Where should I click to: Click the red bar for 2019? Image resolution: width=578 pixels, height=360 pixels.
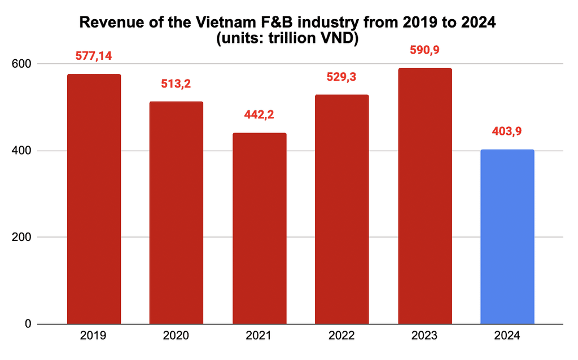[94, 199]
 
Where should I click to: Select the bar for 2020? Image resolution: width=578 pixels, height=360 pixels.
[176, 213]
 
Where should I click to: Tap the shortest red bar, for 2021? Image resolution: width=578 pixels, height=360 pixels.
[259, 229]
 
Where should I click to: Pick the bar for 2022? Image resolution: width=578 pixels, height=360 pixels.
[341, 209]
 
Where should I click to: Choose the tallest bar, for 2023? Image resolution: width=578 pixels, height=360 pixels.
[424, 196]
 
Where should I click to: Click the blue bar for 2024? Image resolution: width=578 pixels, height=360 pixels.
[507, 237]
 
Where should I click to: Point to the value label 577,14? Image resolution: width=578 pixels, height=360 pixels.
[94, 56]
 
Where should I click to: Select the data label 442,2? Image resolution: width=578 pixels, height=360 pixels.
[259, 115]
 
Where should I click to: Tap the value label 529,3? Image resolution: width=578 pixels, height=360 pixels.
[341, 77]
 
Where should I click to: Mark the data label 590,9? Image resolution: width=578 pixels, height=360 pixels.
[424, 50]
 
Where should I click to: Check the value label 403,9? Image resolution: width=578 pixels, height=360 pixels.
[507, 131]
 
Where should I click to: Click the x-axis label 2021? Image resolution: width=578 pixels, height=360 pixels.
[259, 336]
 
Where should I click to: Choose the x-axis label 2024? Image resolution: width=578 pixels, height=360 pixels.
[507, 336]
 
